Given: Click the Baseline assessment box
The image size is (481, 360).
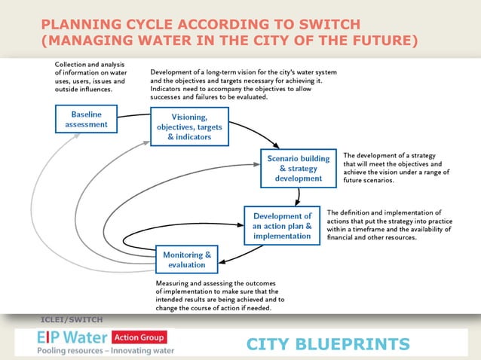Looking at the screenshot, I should tap(86, 119).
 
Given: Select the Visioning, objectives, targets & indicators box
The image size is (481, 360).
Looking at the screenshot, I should tap(179, 127).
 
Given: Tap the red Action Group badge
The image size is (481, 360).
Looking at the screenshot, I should tap(139, 337).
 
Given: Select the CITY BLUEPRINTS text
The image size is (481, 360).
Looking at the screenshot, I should tap(328, 345).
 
